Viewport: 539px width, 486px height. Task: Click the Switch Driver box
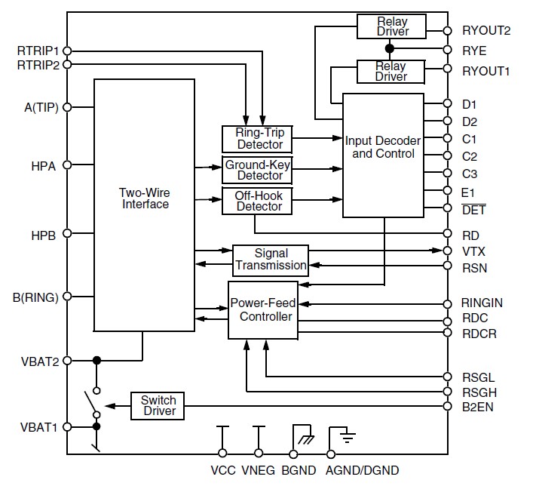pos(158,405)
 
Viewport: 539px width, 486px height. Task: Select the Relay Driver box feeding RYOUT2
pos(392,26)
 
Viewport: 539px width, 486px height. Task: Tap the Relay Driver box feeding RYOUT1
pos(392,71)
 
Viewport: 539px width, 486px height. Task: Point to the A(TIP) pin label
pos(41,107)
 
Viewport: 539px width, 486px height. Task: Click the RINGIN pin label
pos(482,303)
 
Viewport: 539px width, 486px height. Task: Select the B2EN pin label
pos(478,408)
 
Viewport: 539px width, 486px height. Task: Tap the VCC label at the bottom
pos(223,471)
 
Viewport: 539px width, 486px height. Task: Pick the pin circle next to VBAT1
pos(67,427)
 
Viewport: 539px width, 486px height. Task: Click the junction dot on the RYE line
pos(389,49)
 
